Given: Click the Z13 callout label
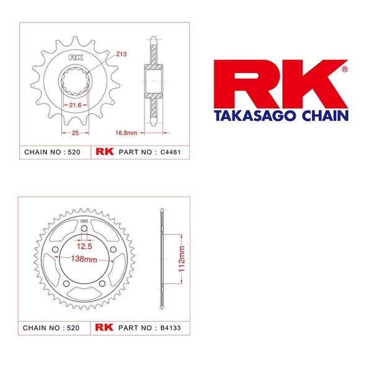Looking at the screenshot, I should (121, 55).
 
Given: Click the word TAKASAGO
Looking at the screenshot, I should (244, 115).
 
